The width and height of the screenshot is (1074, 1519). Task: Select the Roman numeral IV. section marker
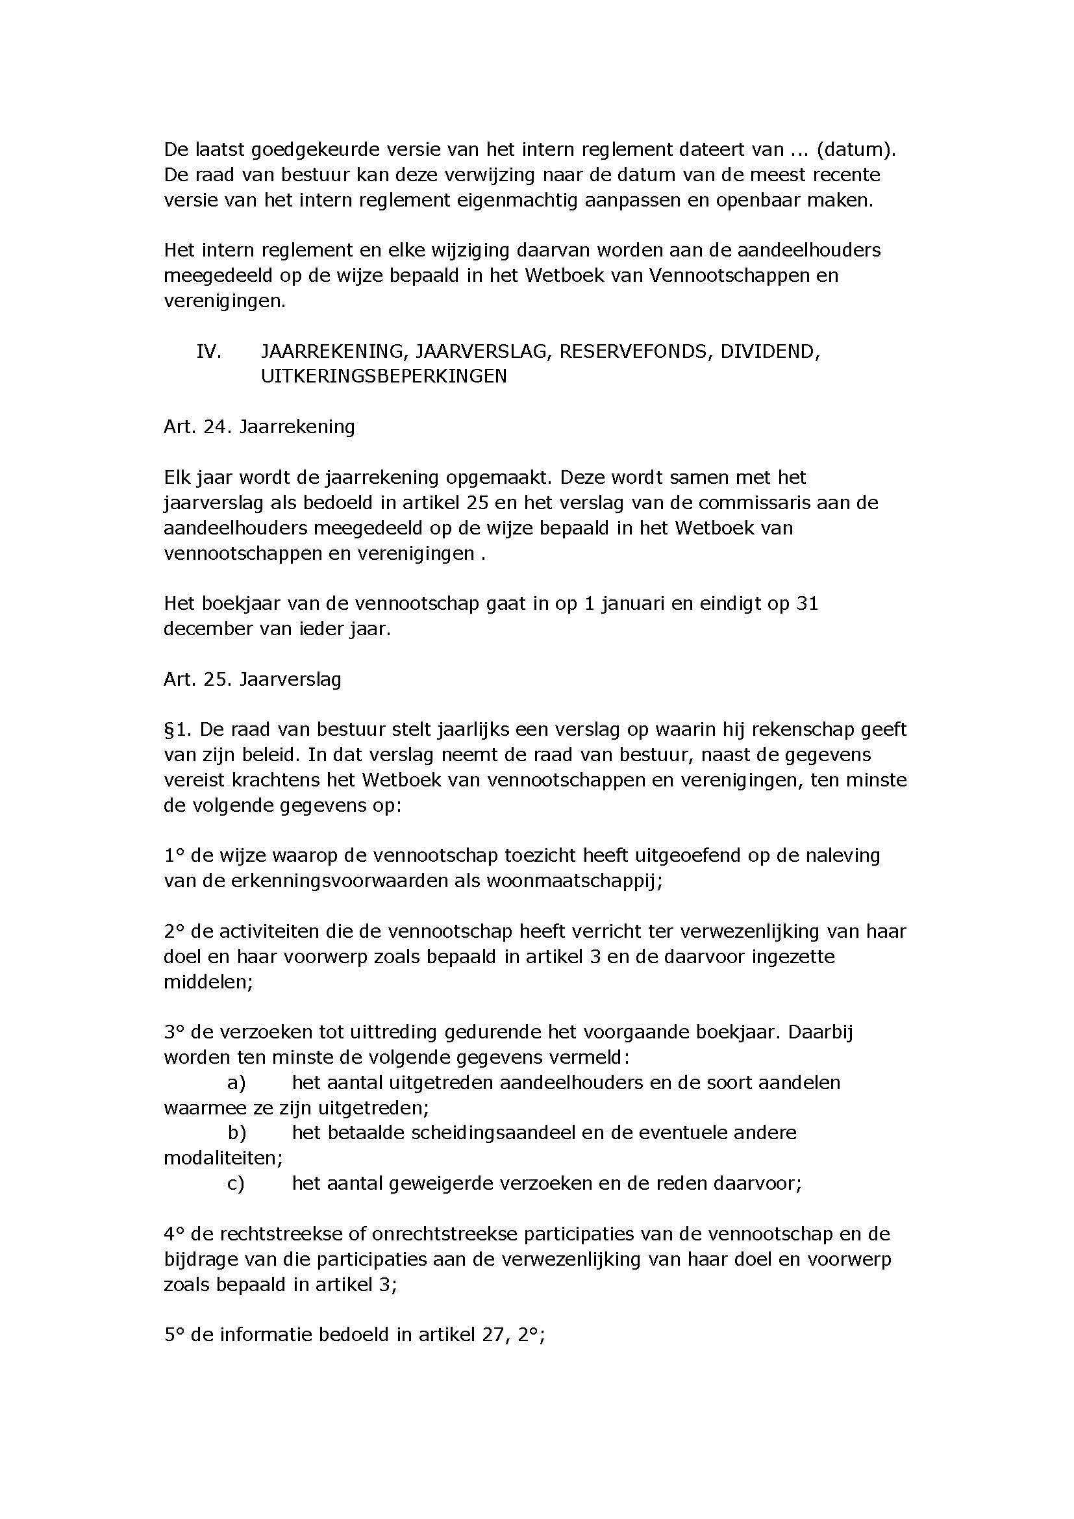click(208, 351)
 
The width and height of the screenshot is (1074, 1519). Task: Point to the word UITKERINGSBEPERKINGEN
click(384, 377)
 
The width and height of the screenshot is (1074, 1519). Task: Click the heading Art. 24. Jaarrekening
click(259, 427)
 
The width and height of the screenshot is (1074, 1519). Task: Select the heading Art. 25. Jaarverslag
click(253, 679)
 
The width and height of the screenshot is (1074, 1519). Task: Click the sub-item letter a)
click(236, 1083)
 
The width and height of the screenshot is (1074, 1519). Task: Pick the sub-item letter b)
click(237, 1133)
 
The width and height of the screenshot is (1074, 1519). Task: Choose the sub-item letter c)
click(236, 1184)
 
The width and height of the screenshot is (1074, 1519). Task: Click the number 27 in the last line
click(493, 1335)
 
